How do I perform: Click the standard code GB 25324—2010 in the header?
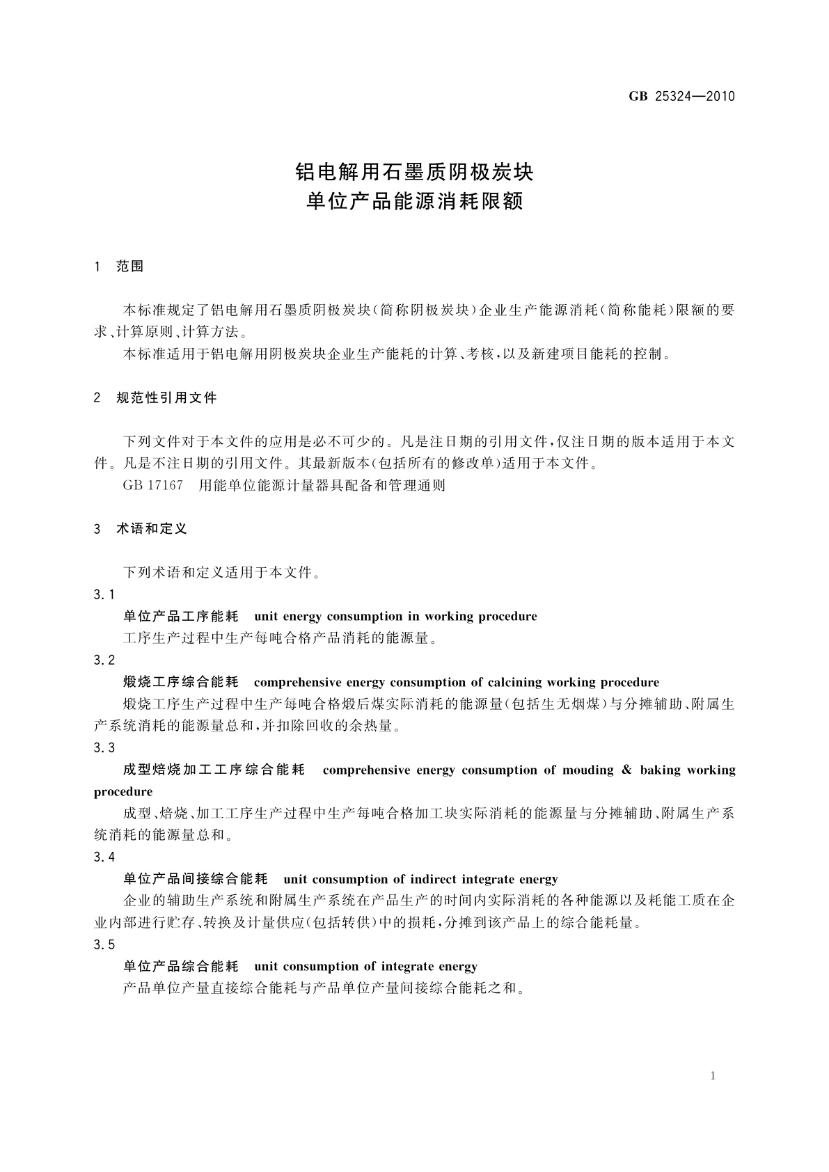681,97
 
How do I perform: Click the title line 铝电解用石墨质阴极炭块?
415,171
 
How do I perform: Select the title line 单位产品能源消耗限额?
415,203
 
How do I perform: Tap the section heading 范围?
130,267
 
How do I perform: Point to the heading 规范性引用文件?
167,398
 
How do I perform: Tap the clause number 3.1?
104,594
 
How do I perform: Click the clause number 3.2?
104,660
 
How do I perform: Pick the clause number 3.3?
104,747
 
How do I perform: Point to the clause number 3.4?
104,857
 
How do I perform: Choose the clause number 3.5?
104,944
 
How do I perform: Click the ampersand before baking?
626,770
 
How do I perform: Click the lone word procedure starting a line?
123,792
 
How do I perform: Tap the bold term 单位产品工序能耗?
181,617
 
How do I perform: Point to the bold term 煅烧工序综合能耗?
181,682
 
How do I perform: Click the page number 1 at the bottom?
713,1076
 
